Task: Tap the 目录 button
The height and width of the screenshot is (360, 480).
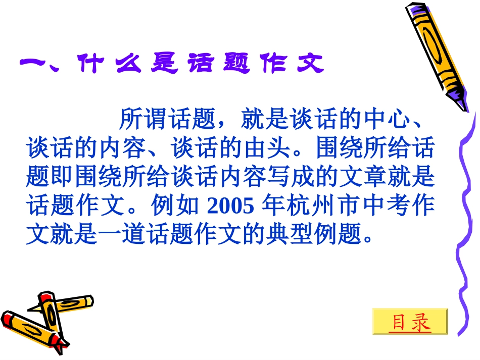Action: (410, 322)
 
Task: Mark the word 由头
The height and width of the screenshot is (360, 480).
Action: (274, 148)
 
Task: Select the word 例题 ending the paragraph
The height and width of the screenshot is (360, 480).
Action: (340, 234)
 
